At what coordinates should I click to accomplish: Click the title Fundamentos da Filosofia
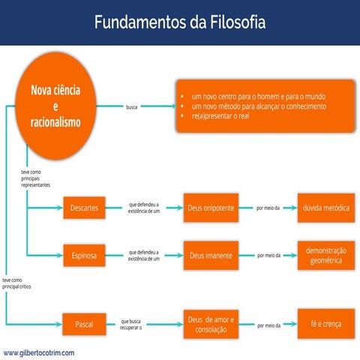coord(179,22)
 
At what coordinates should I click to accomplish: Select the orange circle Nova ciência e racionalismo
coord(55,106)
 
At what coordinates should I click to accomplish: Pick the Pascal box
coord(84,325)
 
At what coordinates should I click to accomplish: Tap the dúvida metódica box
coord(325,207)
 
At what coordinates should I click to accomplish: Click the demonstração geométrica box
coord(325,256)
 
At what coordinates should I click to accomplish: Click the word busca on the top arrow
coord(132,106)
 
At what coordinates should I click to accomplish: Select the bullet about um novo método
coord(259,106)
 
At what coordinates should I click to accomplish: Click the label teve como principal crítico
coord(19,281)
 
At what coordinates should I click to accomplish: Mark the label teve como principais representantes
coord(36,177)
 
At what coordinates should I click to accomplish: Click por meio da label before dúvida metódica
coord(268,207)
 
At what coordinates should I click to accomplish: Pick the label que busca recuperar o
coord(130,325)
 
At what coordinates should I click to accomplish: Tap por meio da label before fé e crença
coord(268,325)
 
